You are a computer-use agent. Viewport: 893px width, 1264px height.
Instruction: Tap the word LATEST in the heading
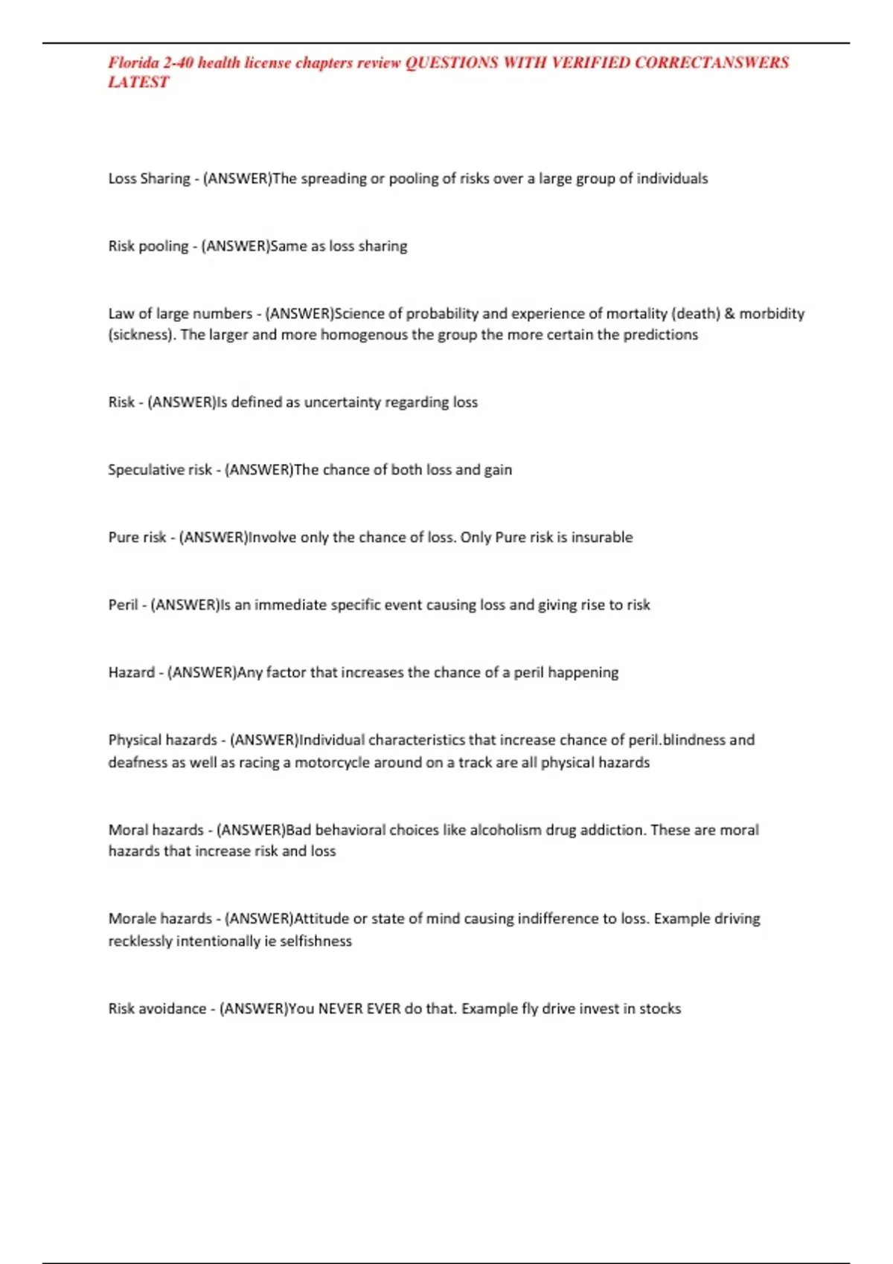[138, 83]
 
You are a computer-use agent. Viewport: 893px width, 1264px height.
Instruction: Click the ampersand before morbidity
[729, 314]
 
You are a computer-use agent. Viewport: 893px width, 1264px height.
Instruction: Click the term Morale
[132, 919]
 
